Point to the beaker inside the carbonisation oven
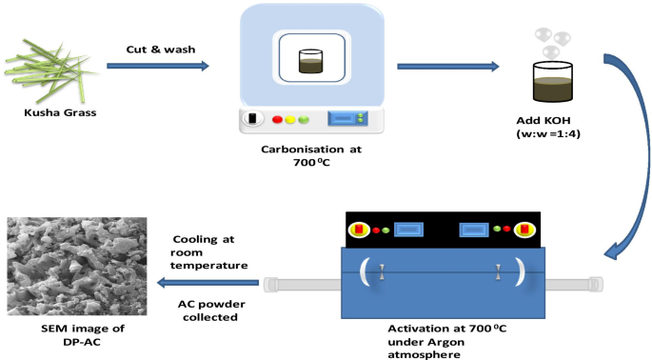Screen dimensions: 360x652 [x=312, y=62]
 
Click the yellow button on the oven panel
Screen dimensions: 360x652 [x=290, y=120]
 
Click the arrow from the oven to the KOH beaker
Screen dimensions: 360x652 [x=447, y=67]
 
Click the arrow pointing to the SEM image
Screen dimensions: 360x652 [x=210, y=283]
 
